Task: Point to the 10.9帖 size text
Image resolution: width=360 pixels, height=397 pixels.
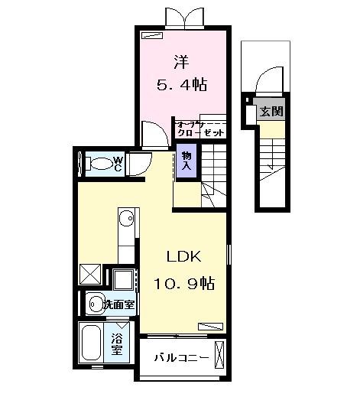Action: (x=185, y=285)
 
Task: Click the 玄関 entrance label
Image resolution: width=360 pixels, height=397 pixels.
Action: (x=271, y=111)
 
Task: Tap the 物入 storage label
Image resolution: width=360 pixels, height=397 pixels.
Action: (x=186, y=162)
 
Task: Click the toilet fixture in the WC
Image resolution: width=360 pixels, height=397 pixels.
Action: (x=97, y=163)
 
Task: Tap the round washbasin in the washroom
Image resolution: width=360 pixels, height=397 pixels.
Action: (x=96, y=304)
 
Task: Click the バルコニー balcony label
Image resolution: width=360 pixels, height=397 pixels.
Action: (x=180, y=357)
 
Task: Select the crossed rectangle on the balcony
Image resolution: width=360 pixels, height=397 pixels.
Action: (x=220, y=356)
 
